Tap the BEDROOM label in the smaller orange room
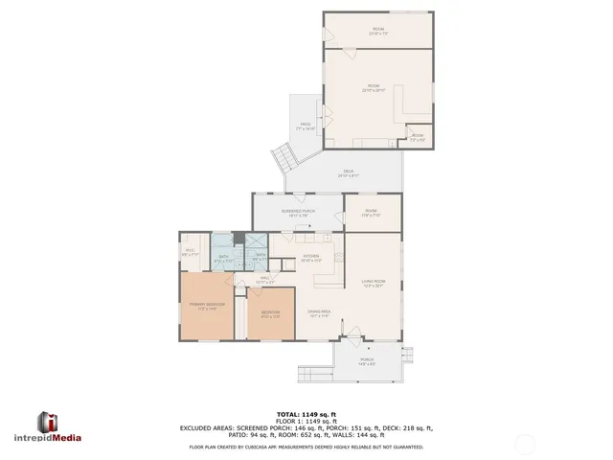[270, 313]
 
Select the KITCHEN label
[311, 257]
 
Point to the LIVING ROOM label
[373, 282]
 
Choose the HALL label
[266, 280]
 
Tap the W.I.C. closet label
[190, 253]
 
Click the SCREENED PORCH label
[298, 212]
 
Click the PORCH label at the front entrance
[367, 360]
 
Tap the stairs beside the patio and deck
[282, 156]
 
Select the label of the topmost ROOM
[377, 31]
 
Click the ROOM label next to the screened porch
[371, 213]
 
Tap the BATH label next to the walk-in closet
[222, 257]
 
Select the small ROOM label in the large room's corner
[417, 137]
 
